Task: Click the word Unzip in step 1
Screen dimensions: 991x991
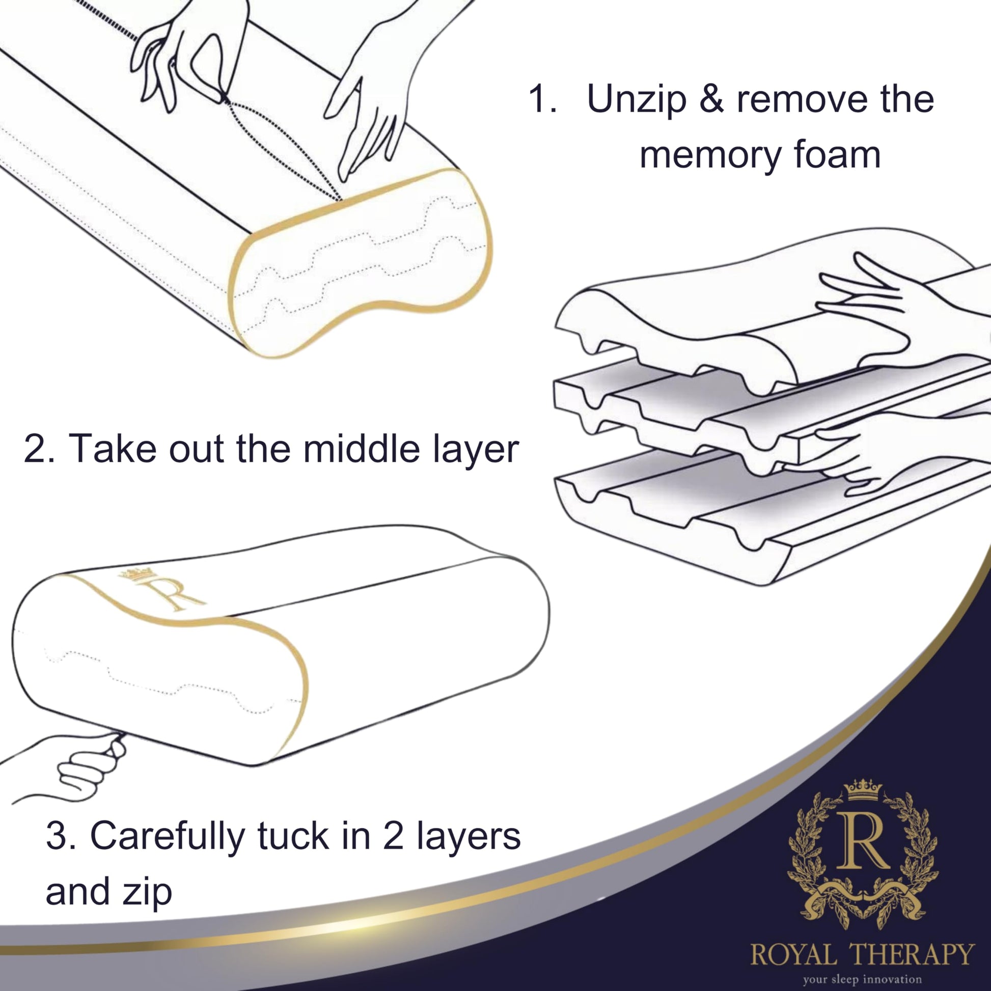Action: pos(636,99)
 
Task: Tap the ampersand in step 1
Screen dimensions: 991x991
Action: pos(711,99)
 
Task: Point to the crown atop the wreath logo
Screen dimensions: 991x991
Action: pos(863,789)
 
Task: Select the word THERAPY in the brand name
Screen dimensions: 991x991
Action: pos(912,954)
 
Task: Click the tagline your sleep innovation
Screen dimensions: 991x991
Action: pos(862,979)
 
